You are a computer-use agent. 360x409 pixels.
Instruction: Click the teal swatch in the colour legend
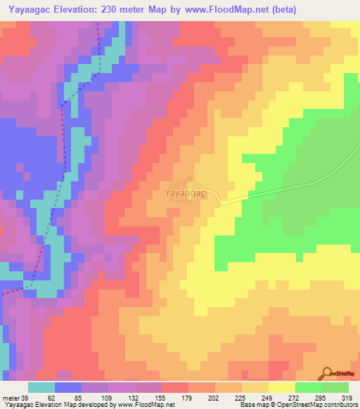click(x=41, y=387)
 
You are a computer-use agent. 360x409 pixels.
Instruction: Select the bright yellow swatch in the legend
click(x=282, y=387)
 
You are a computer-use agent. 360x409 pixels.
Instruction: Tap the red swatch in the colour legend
click(x=175, y=387)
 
